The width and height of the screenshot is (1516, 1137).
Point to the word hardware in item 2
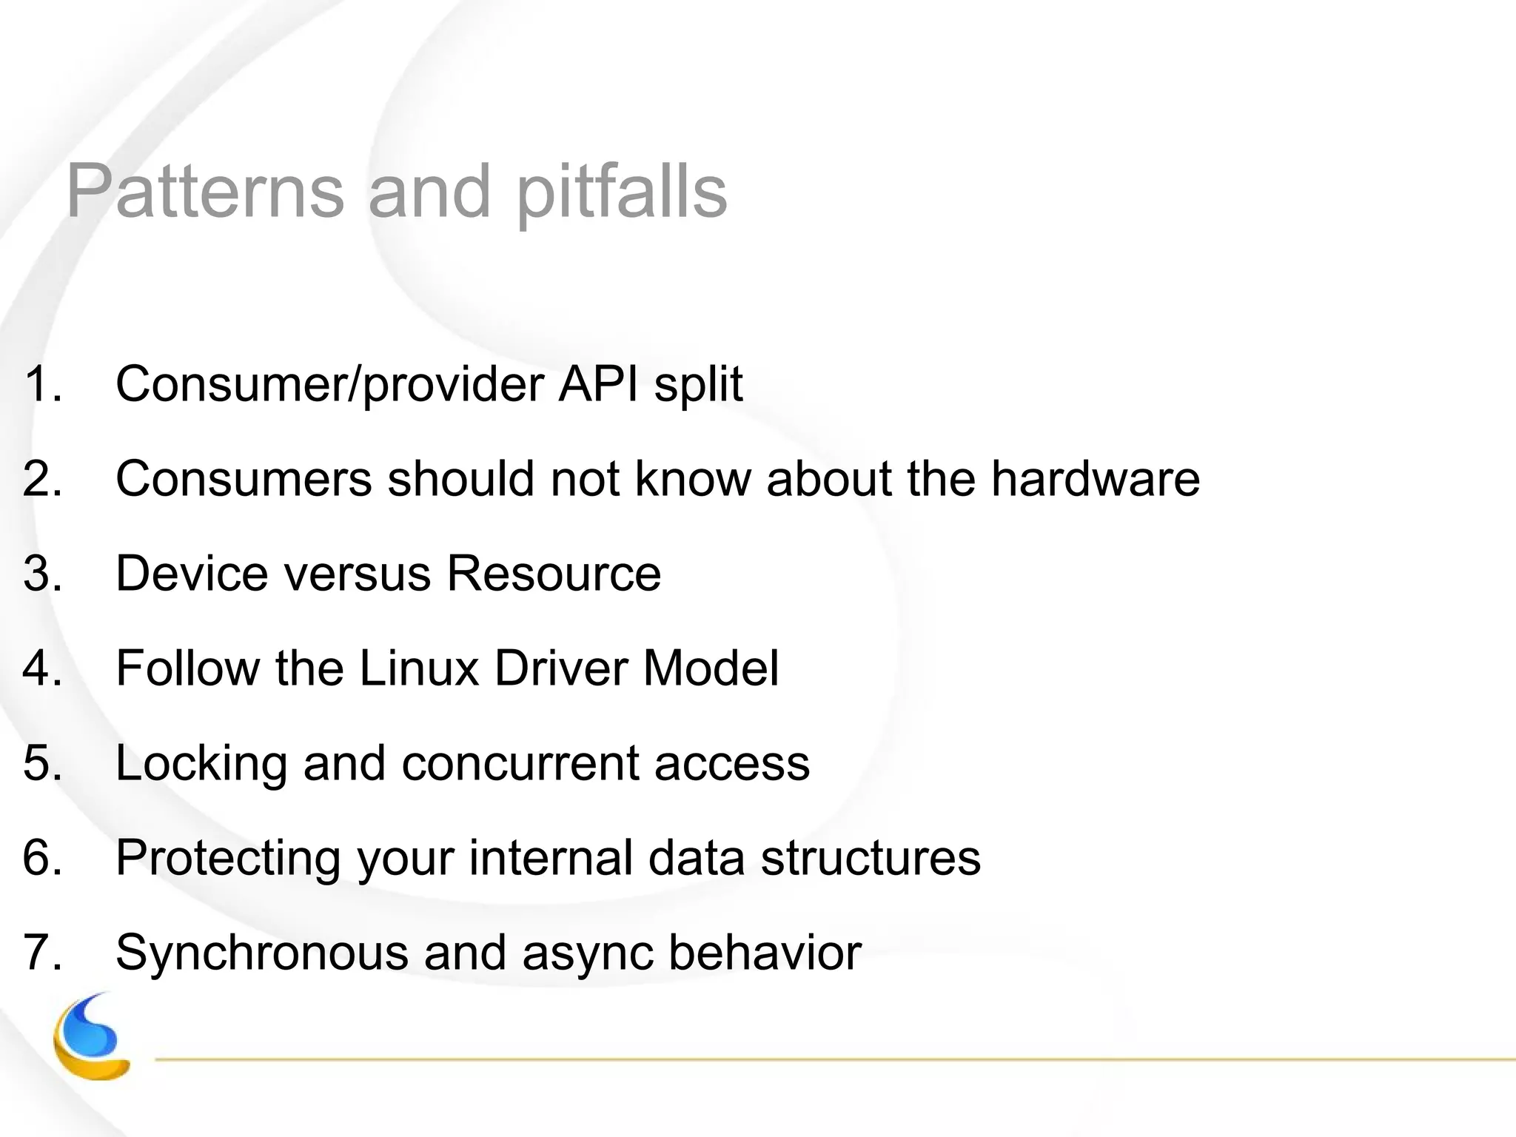point(1095,478)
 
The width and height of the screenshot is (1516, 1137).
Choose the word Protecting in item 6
point(228,859)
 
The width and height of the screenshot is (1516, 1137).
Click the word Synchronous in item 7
point(261,952)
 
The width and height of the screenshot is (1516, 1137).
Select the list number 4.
point(41,668)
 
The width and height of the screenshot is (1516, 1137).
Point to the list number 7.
point(41,952)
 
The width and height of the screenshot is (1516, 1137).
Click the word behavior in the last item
point(765,952)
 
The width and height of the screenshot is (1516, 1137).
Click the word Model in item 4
point(711,668)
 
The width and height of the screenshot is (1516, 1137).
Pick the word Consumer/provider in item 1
point(330,385)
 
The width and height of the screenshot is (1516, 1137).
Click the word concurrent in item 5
point(520,764)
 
